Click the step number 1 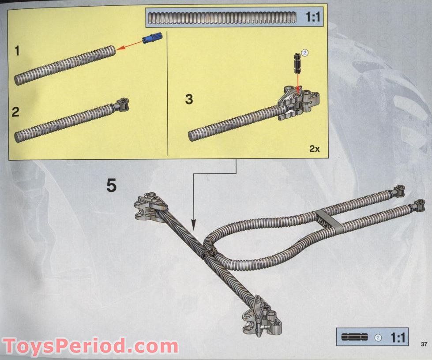click(x=17, y=51)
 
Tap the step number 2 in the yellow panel click(x=15, y=112)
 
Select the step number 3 click(x=189, y=99)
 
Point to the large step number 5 click(x=112, y=185)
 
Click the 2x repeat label click(x=314, y=149)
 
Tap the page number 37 click(x=424, y=344)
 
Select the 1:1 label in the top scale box click(x=313, y=17)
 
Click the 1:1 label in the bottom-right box click(x=398, y=337)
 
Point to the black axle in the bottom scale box click(x=355, y=337)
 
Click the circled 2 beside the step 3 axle click(x=305, y=52)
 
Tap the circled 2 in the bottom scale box click(x=378, y=337)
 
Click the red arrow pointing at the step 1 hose click(x=129, y=45)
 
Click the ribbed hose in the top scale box click(x=222, y=18)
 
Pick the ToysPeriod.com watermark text click(x=90, y=346)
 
